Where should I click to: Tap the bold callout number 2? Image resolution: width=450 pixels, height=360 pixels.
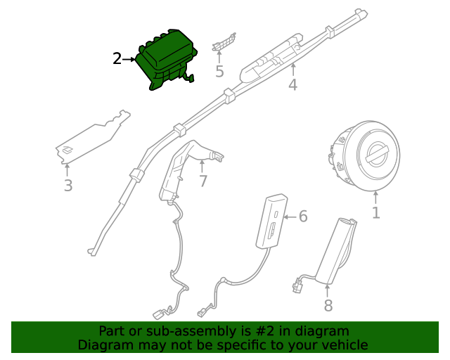[x=117, y=59]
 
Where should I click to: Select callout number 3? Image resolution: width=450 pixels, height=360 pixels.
[x=68, y=186]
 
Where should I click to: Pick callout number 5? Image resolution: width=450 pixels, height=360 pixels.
[x=219, y=71]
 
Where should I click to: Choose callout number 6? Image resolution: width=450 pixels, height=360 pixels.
[x=303, y=216]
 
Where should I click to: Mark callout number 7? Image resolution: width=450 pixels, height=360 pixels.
[x=202, y=181]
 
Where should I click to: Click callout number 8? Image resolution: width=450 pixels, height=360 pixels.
[x=328, y=305]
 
